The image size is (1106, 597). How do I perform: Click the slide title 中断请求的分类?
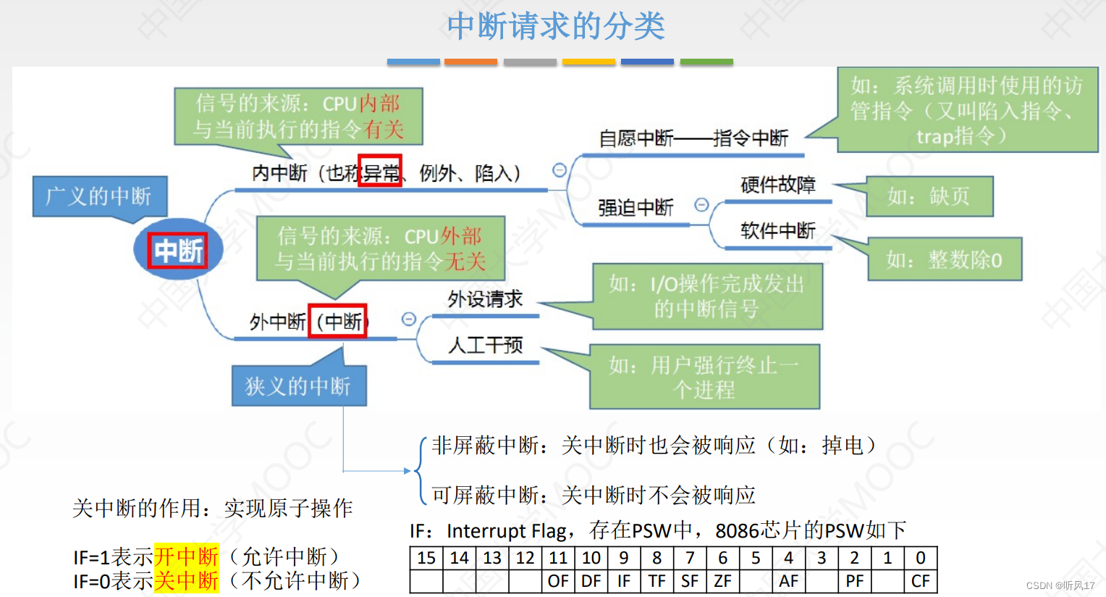[x=555, y=27]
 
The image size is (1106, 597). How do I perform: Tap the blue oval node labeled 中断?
[x=178, y=250]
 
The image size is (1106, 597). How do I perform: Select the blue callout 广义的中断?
[x=99, y=196]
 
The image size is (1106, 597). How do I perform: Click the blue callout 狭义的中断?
[x=298, y=386]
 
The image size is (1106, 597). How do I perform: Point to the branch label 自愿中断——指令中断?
[x=693, y=138]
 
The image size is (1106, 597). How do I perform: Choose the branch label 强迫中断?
[x=636, y=208]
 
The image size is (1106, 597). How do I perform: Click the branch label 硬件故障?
[x=777, y=185]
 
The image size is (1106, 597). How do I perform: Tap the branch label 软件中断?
[x=777, y=231]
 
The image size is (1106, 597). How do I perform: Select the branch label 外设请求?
[x=485, y=298]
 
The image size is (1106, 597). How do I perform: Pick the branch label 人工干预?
[x=485, y=345]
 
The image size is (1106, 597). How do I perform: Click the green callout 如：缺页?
[x=929, y=196]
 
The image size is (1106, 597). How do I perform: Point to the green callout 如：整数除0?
[x=945, y=259]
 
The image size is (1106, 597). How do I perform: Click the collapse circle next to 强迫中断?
[x=701, y=205]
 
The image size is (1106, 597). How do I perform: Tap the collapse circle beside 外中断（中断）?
[x=409, y=320]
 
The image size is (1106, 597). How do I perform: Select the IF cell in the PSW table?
[x=624, y=581]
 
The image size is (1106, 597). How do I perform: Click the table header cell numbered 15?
[x=426, y=558]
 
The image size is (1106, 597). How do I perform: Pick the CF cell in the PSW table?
[x=920, y=581]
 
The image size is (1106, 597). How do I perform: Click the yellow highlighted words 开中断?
[x=186, y=556]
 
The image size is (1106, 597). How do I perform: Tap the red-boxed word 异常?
[x=380, y=172]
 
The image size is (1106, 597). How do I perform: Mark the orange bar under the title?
[x=470, y=62]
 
